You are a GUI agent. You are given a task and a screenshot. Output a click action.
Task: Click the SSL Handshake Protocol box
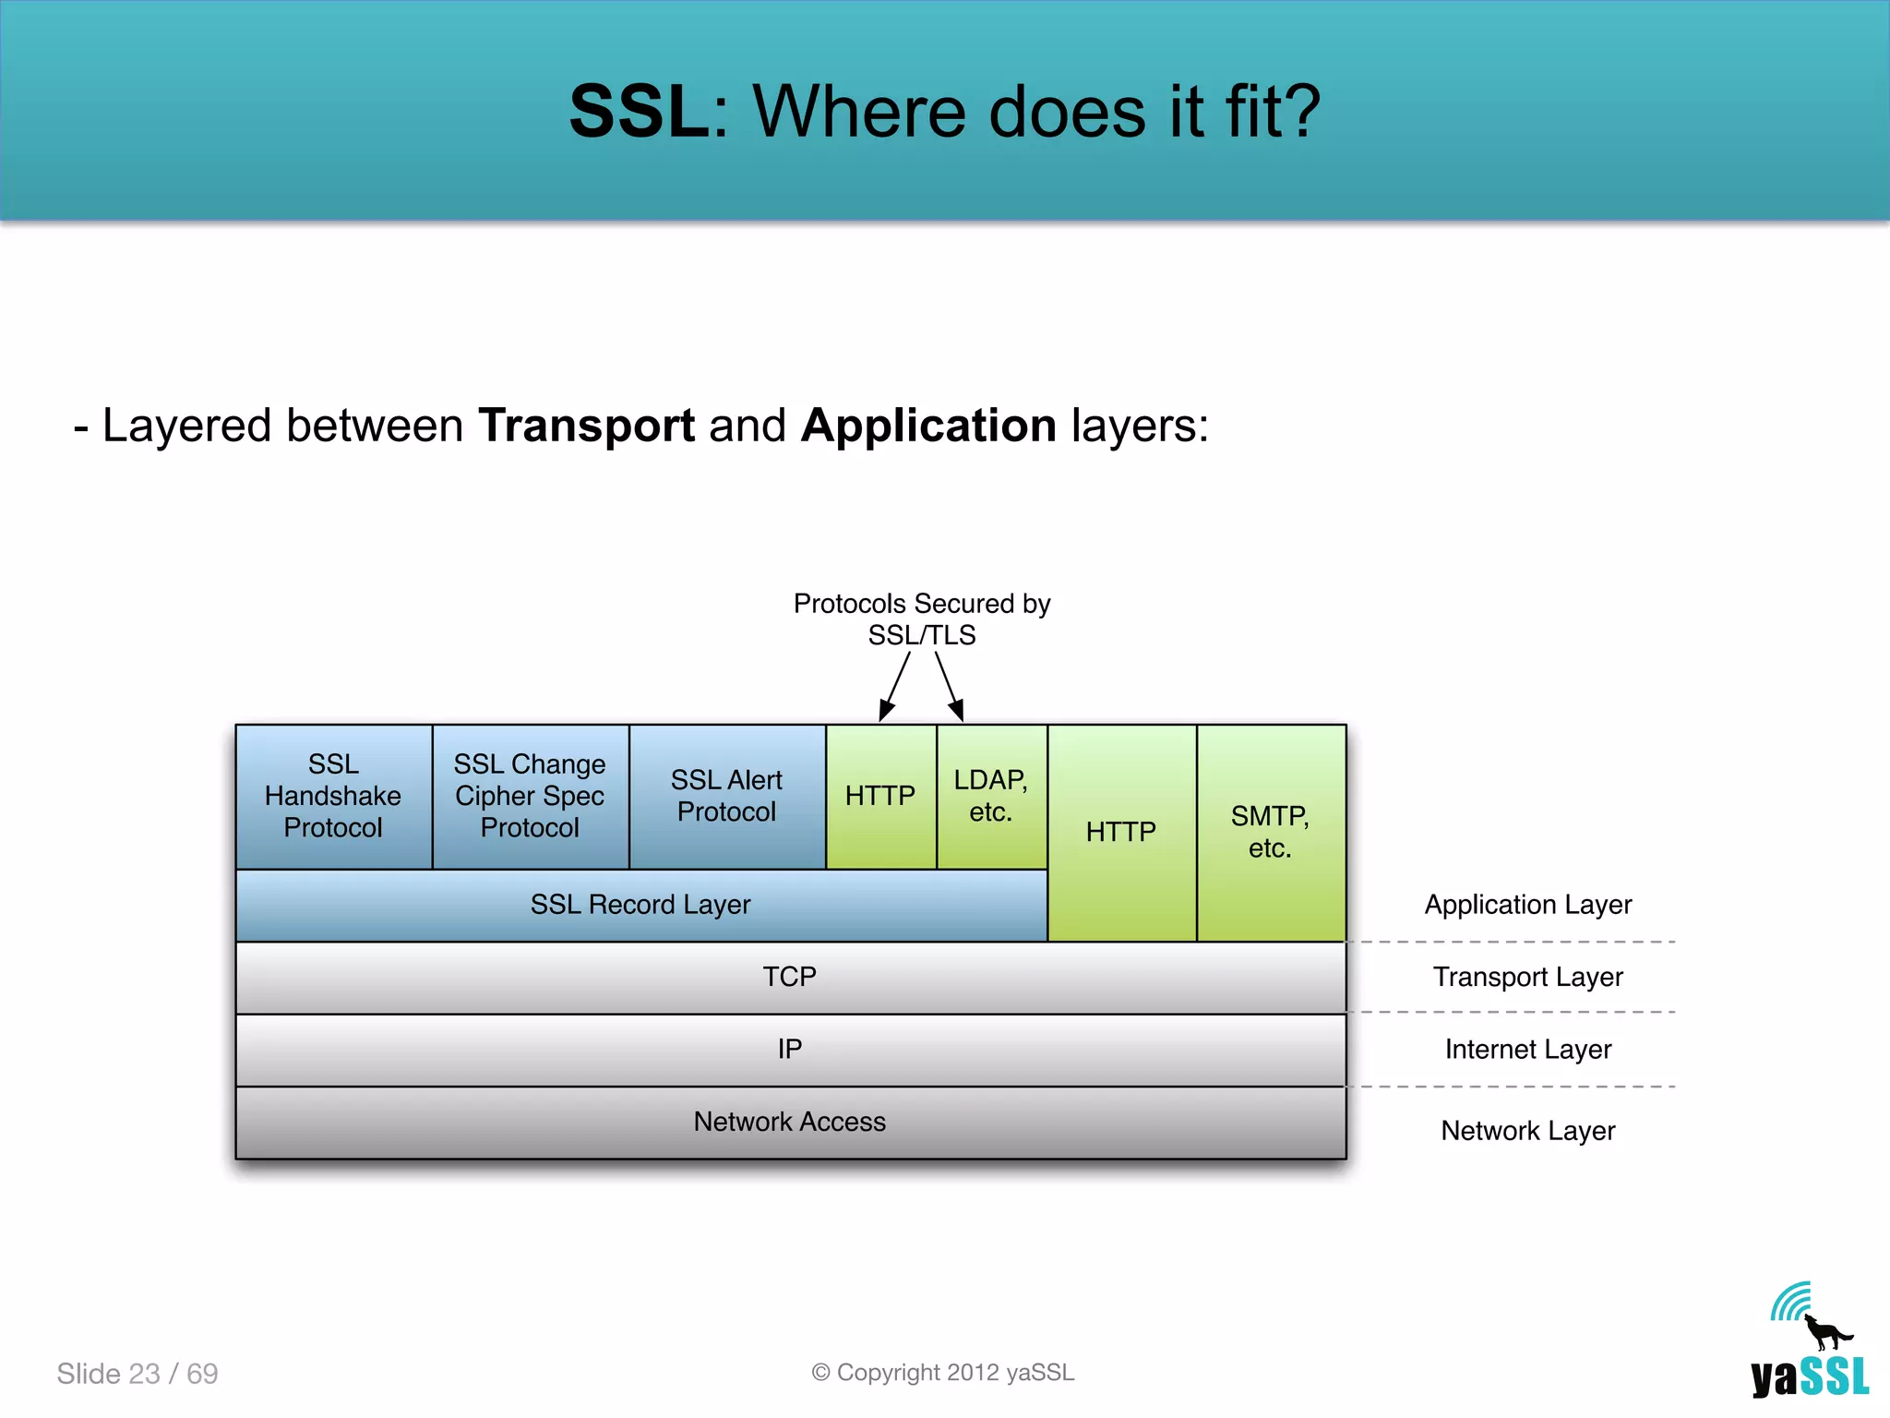pos(333,796)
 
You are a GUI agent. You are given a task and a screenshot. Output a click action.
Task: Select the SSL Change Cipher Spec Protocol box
pos(530,796)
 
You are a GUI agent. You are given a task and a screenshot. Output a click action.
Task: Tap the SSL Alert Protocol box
pos(726,796)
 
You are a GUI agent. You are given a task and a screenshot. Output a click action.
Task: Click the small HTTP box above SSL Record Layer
pos(880,796)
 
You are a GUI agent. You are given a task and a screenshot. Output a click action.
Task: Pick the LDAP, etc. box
pos(991,796)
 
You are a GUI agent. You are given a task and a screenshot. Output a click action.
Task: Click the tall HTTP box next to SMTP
pos(1121,832)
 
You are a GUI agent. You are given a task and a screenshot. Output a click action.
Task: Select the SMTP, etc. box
pos(1270,832)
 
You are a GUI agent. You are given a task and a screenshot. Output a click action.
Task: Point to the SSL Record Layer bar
pos(640,905)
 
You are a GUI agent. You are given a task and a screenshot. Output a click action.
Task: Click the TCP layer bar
pos(790,977)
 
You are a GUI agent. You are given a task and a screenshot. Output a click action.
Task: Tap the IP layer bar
pos(790,1050)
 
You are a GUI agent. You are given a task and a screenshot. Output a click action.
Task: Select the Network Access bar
pos(790,1122)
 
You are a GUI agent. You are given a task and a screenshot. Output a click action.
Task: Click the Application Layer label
pos(1527,905)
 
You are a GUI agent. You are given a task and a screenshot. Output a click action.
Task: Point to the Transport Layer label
pos(1527,977)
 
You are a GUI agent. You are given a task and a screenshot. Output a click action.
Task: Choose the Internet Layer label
pos(1527,1050)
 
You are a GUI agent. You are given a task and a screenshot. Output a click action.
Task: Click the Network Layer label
pos(1527,1131)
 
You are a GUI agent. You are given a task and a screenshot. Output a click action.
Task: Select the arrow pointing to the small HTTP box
pos(895,687)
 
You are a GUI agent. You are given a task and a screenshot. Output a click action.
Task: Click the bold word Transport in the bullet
pos(586,426)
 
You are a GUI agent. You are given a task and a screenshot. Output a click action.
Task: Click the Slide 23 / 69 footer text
pos(138,1374)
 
